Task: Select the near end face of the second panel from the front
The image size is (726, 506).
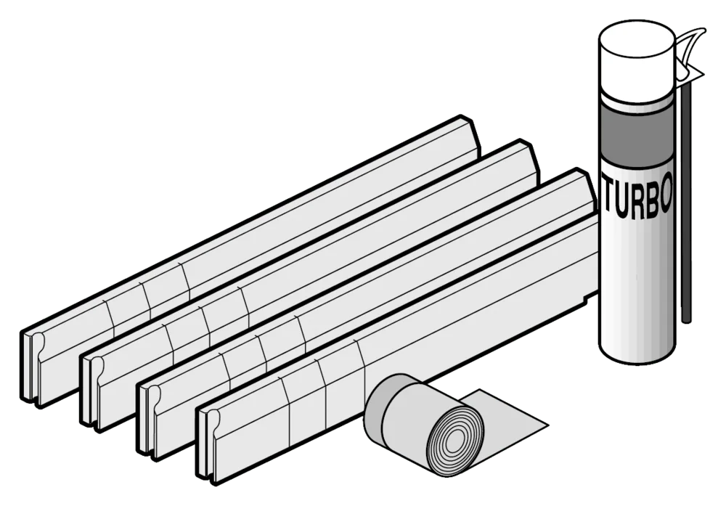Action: [x=149, y=419]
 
